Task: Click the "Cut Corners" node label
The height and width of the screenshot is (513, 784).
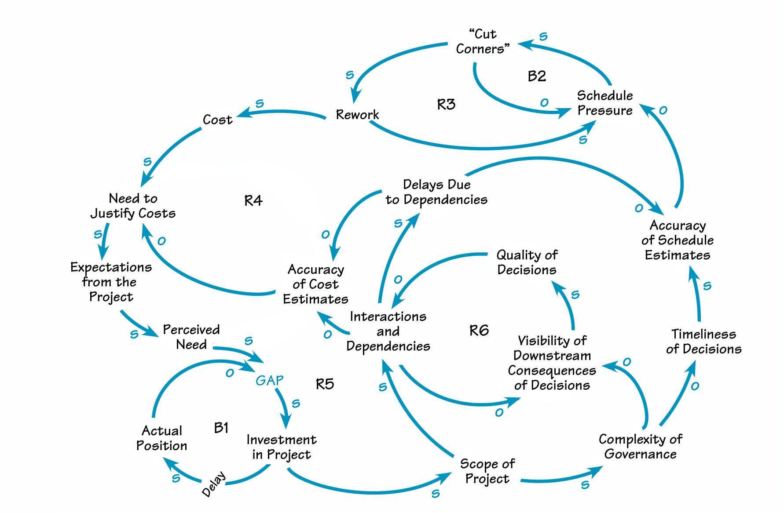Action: (483, 42)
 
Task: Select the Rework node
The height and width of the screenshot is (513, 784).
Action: (357, 115)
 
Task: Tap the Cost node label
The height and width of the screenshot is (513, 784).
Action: (217, 120)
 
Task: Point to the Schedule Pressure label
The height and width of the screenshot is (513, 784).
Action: (605, 103)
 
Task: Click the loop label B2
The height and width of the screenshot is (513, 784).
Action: (537, 76)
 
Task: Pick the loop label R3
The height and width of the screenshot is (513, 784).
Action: (446, 105)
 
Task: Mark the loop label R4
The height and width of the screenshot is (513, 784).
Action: (253, 201)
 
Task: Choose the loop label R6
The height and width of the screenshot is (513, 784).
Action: (479, 330)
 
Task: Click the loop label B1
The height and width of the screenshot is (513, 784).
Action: (221, 428)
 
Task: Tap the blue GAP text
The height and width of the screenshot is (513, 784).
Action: (269, 380)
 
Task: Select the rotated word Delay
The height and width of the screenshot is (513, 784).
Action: (214, 484)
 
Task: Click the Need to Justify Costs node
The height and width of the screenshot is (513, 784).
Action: (133, 206)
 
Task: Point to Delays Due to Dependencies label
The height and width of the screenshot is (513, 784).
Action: (436, 192)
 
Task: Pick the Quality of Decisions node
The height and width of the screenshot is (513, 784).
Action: (527, 262)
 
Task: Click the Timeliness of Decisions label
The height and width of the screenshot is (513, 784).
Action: (703, 342)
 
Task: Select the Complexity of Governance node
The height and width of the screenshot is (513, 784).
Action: (641, 447)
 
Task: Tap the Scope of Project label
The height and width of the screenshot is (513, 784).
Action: (487, 471)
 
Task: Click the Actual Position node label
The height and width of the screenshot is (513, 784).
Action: (161, 438)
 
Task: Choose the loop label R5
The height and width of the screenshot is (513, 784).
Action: (325, 384)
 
